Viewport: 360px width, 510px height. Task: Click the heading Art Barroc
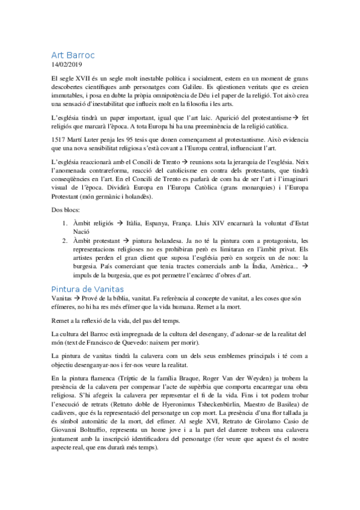coord(73,55)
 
